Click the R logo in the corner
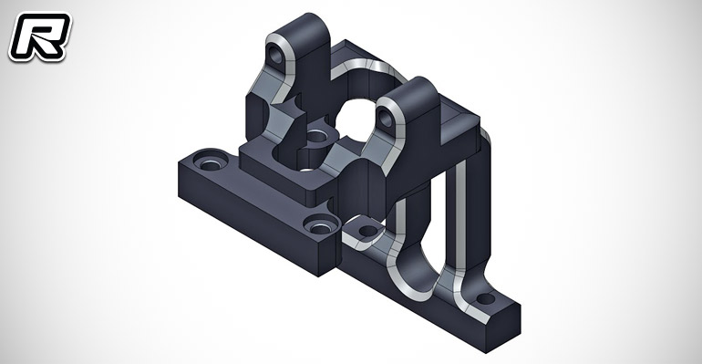coord(40,36)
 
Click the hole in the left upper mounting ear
coord(276,56)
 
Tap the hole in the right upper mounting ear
coord(385,118)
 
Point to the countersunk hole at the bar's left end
coord(210,164)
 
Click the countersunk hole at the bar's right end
coord(320,227)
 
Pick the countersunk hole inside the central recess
coord(316,135)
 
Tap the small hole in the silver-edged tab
coord(368,231)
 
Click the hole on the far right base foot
coord(485,298)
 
